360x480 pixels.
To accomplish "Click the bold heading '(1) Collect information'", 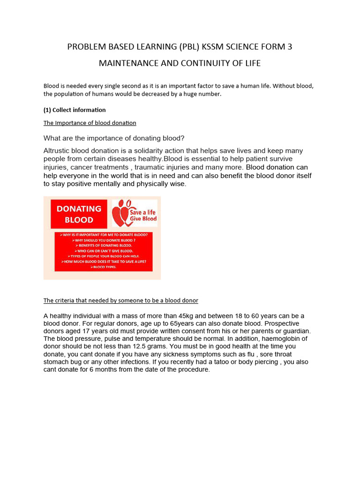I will click(x=75, y=110).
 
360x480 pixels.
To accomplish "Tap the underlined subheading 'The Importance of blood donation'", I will click(x=90, y=123).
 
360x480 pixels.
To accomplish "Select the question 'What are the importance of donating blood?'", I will click(x=114, y=138).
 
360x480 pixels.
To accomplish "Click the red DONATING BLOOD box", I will click(x=79, y=214).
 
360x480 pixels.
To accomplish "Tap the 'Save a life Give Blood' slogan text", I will click(x=140, y=215).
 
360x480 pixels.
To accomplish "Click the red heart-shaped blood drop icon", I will click(x=121, y=212).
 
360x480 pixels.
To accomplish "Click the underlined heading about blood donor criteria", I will click(x=121, y=300).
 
